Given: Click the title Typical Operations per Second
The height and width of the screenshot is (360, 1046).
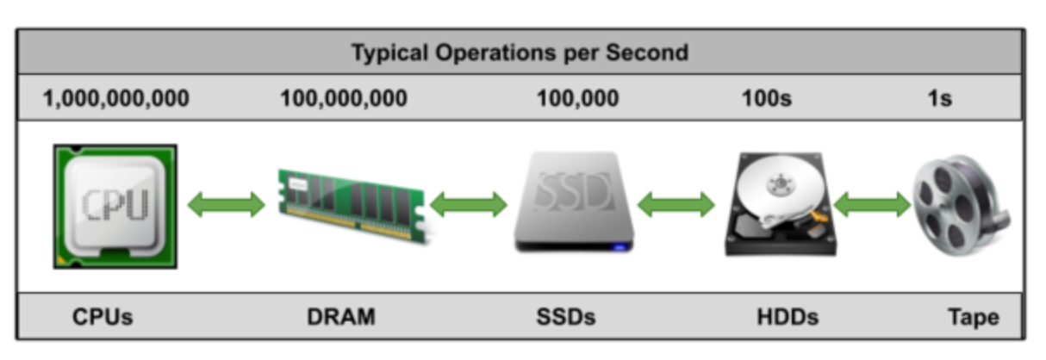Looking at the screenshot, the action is [520, 53].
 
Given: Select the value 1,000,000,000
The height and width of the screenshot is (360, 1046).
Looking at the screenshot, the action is [116, 99].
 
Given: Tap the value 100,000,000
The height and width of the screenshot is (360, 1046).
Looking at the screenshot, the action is [344, 99].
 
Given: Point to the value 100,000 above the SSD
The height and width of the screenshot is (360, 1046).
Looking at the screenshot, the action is [577, 99].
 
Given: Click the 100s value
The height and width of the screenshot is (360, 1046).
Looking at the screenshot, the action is [766, 99].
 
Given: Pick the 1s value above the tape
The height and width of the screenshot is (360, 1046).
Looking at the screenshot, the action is [939, 99].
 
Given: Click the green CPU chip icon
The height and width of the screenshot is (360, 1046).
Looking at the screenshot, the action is [115, 207].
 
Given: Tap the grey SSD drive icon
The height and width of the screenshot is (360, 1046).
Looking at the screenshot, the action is [575, 203].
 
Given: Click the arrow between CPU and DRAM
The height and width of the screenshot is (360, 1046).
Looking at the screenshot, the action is [227, 205].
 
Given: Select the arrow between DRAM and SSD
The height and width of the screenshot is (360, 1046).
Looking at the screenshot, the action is [469, 205].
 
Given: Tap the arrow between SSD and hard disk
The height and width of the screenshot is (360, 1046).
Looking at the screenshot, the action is [676, 205].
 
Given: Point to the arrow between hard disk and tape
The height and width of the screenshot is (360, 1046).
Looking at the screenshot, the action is [872, 205].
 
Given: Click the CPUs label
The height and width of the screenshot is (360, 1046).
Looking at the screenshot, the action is [103, 317].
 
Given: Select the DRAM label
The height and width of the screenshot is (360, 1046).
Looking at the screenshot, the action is [341, 317].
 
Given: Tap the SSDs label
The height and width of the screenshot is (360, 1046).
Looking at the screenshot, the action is [565, 317].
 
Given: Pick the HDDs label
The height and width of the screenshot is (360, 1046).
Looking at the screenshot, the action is [786, 317].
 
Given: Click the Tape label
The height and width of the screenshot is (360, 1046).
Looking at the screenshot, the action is [974, 317].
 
